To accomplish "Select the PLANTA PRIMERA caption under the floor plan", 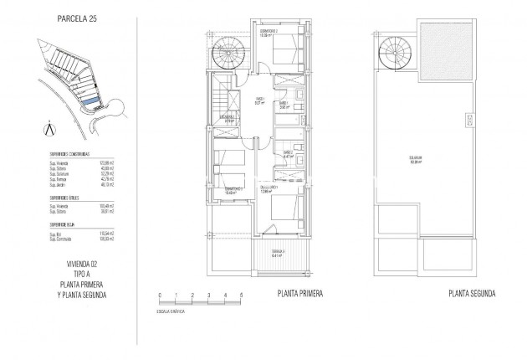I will click(x=299, y=294).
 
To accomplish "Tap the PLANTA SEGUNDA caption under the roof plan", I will click(x=472, y=294).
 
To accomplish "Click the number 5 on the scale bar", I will click(x=241, y=296).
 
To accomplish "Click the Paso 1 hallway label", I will click(x=260, y=101).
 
